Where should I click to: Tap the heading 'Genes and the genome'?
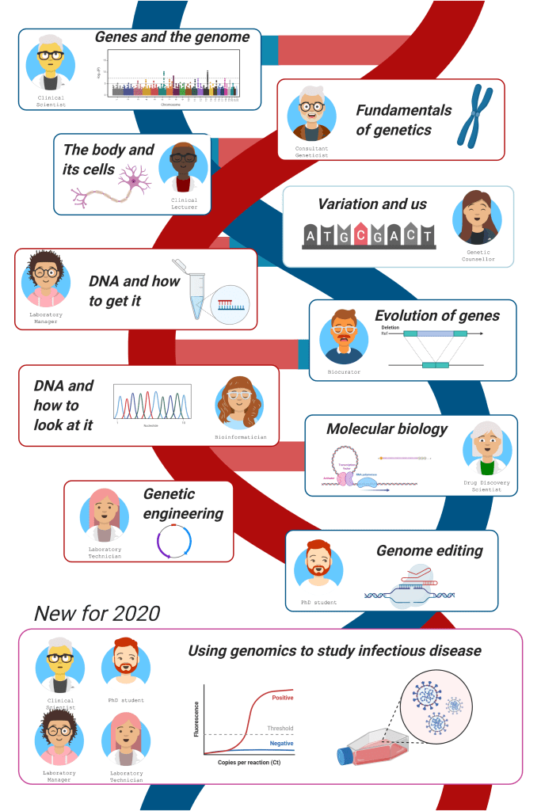click(172, 37)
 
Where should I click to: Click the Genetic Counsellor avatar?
click(477, 216)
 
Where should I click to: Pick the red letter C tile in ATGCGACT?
click(361, 235)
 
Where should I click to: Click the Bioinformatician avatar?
click(239, 402)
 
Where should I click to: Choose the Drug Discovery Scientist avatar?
click(487, 447)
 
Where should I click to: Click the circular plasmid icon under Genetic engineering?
click(173, 543)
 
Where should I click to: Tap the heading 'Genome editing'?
click(429, 550)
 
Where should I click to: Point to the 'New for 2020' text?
click(97, 613)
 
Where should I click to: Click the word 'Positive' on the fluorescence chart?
click(282, 698)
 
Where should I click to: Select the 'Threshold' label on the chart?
click(280, 729)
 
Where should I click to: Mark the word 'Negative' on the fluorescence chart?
click(281, 744)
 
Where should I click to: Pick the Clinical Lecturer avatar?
click(183, 168)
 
